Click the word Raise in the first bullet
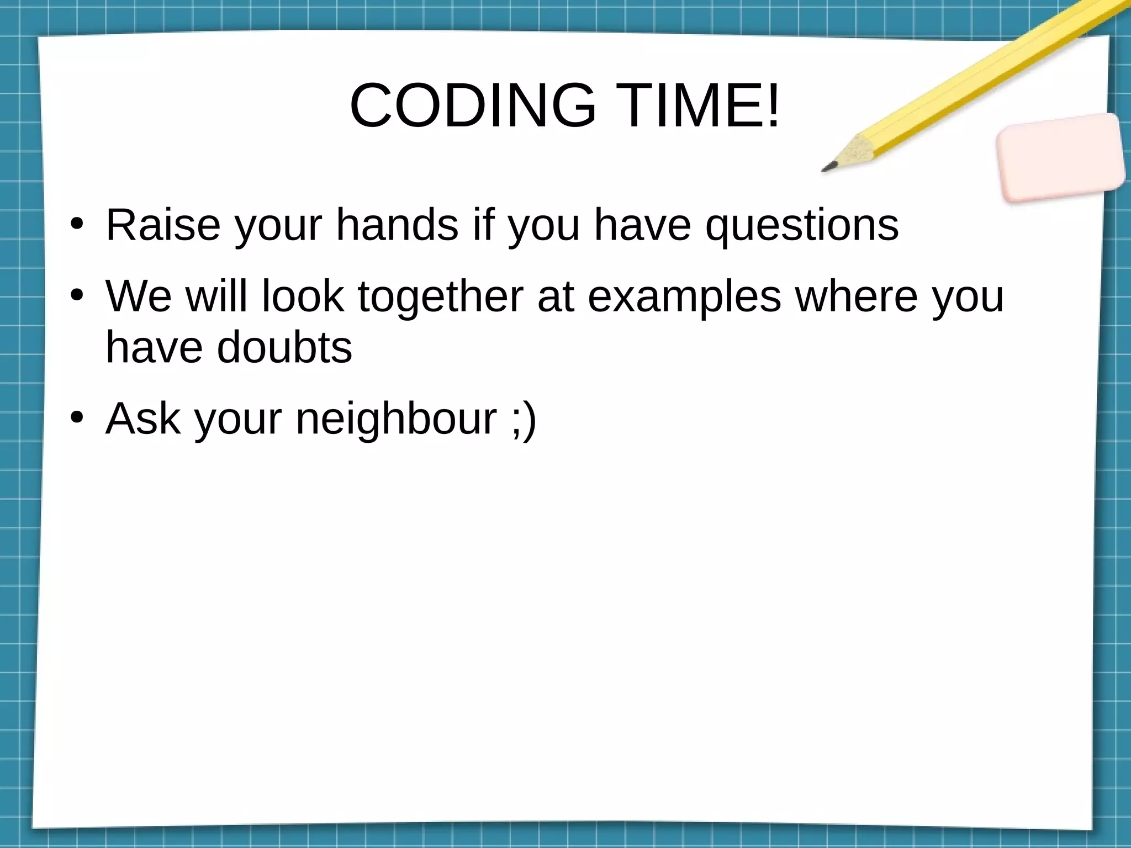(x=163, y=225)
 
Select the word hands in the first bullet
(x=397, y=225)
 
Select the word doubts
(x=284, y=348)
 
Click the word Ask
(x=143, y=418)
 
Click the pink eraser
(x=1060, y=157)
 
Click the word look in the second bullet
(x=303, y=296)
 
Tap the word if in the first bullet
(x=483, y=225)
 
